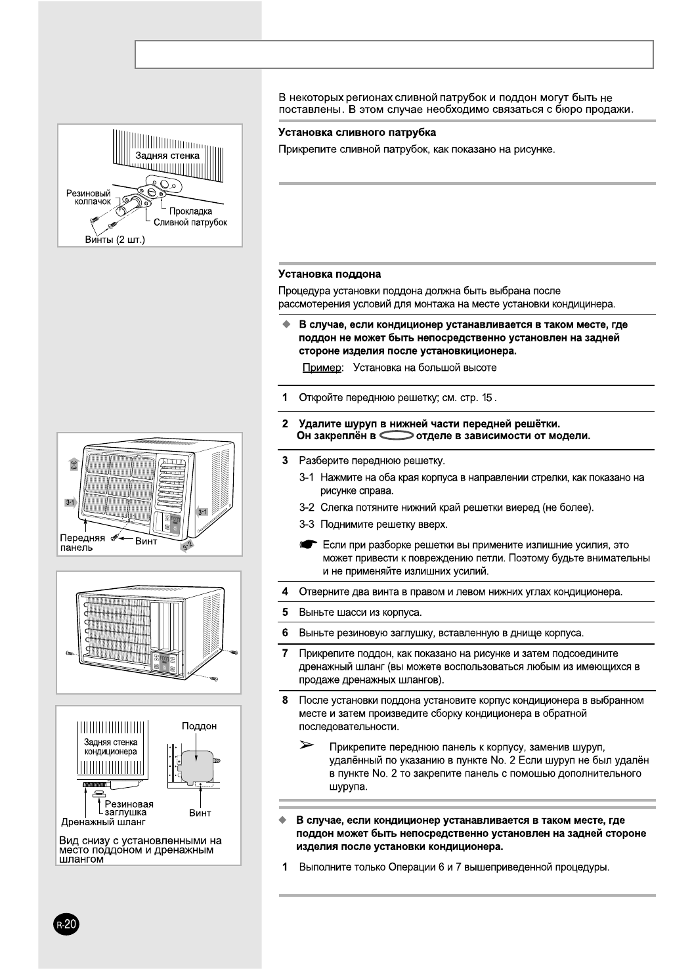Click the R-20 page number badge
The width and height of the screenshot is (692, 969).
tap(66, 925)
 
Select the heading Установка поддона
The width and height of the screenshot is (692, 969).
tap(330, 274)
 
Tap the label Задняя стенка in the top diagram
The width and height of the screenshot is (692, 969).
tap(167, 156)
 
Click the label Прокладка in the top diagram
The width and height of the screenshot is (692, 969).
tap(190, 211)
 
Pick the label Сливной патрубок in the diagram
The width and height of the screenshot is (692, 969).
tap(190, 223)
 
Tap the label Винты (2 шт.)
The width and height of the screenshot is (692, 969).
tap(115, 239)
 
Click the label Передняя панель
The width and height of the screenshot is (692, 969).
tap(82, 543)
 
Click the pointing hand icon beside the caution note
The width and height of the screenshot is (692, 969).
tap(308, 545)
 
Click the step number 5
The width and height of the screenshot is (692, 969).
tap(285, 613)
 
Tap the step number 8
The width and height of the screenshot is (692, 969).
tap(285, 700)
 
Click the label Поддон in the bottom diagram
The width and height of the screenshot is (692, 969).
tap(199, 726)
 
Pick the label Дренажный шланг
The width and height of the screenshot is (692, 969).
tap(103, 822)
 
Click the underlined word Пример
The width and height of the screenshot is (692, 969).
tap(322, 368)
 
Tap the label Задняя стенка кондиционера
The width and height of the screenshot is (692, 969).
tap(110, 747)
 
